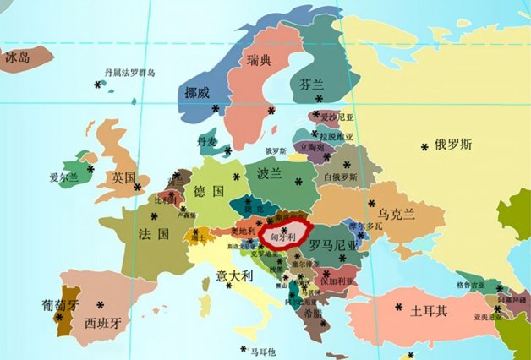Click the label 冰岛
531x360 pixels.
(18, 57)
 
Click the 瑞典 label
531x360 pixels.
(259, 60)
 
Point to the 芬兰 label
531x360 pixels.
(311, 85)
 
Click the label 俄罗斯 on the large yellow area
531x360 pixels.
(452, 144)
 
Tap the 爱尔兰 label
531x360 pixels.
(64, 177)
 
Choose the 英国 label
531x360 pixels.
(124, 177)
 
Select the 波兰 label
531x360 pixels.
(269, 173)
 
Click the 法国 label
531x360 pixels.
(149, 232)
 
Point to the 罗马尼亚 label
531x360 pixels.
(333, 244)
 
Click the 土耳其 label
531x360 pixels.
(428, 311)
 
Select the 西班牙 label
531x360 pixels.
(103, 322)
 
